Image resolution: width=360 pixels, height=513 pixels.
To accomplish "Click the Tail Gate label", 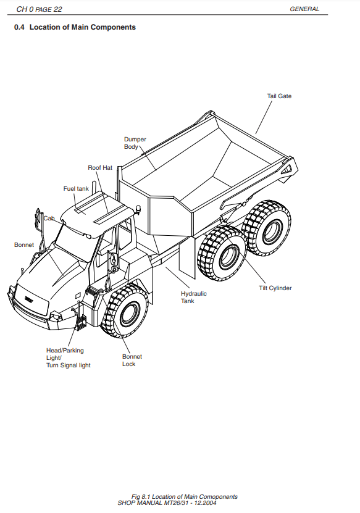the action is [x=279, y=96].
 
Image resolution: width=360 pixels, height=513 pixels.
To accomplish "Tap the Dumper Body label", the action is [x=135, y=143].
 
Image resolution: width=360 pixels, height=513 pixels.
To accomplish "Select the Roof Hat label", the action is [x=100, y=167].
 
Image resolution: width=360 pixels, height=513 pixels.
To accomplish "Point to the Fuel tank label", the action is [x=76, y=189].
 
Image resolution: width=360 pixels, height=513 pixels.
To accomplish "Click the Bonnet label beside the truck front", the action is [x=24, y=244].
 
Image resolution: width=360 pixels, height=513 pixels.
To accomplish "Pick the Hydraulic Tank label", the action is [x=194, y=298].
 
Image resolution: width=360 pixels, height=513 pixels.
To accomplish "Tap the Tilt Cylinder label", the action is [x=275, y=288].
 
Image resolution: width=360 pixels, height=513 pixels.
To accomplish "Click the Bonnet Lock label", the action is [x=132, y=361].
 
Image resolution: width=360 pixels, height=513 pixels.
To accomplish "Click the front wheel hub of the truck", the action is [x=130, y=314].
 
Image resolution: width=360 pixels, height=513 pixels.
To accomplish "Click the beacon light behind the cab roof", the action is [x=139, y=210].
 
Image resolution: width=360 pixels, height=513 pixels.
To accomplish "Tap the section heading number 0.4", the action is [x=19, y=27].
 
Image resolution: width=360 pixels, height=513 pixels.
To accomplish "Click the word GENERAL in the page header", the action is [x=304, y=9].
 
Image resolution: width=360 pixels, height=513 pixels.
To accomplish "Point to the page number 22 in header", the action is [x=57, y=9].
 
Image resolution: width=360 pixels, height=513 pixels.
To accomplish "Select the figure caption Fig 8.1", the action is [x=184, y=497].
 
